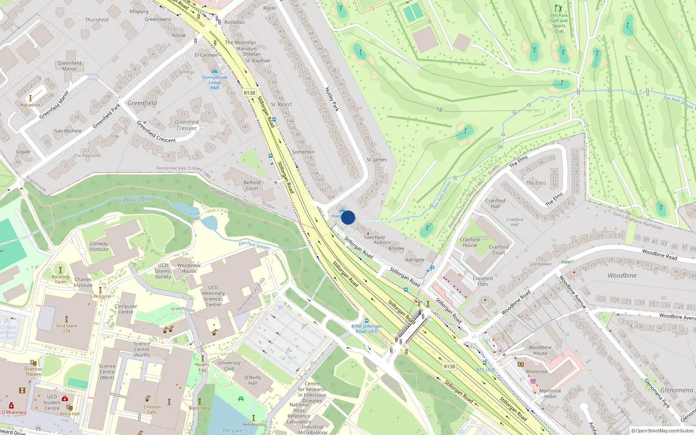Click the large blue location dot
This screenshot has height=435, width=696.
tap(348, 217)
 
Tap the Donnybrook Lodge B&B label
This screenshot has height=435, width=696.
tap(214, 83)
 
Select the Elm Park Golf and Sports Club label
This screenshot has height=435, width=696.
tap(559, 23)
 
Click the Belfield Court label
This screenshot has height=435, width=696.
tap(252, 185)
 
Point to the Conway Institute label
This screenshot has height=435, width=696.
tap(99, 246)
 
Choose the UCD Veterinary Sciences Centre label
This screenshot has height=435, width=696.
tap(213, 296)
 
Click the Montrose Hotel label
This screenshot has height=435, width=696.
tap(550, 393)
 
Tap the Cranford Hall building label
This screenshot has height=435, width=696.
tap(495, 203)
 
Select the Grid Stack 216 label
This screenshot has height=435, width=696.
tap(67, 328)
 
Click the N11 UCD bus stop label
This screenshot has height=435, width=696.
tap(485, 370)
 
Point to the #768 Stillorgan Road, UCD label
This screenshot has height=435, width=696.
tap(367, 328)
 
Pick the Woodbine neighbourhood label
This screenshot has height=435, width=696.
tap(622, 275)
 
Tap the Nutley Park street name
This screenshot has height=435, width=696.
tap(332, 99)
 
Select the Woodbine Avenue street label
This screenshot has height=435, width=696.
tap(572, 292)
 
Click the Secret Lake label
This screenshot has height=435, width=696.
tap(194, 216)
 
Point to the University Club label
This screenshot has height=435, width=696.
tap(229, 365)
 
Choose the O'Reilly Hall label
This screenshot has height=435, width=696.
tap(253, 380)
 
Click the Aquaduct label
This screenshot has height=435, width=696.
tap(30, 105)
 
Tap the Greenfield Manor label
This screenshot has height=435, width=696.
tap(70, 66)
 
